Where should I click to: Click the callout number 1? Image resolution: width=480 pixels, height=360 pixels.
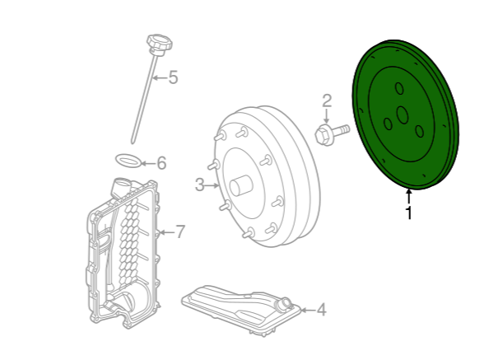coord(408,213)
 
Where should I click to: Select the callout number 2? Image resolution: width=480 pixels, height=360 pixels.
coord(327,101)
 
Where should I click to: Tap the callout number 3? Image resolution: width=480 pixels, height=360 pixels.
coord(199,185)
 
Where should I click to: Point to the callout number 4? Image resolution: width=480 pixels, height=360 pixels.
coord(321,310)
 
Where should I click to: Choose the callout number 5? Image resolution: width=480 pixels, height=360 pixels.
coord(173,77)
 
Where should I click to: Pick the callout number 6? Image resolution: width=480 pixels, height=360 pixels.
coord(161,163)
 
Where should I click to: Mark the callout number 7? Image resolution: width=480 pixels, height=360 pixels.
coord(180,231)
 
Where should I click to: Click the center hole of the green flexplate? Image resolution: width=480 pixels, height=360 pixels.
coord(403,115)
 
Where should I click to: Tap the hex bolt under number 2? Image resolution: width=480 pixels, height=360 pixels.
coord(332,134)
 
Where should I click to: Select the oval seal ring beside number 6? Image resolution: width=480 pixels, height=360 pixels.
coord(128,161)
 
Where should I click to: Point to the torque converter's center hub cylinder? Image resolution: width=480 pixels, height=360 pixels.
coord(241,185)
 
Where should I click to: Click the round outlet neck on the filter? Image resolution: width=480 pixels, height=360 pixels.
coord(283,303)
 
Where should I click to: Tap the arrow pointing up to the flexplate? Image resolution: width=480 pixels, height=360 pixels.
coord(408,197)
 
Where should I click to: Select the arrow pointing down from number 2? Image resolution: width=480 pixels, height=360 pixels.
coord(327,116)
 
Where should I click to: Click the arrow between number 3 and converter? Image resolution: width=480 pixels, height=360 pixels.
coord(212,185)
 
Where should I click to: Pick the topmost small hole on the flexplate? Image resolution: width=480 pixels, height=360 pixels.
coord(399,88)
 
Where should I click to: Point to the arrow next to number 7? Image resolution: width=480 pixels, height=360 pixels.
coord(166,232)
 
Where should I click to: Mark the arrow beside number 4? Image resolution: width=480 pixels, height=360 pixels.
coord(307,310)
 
